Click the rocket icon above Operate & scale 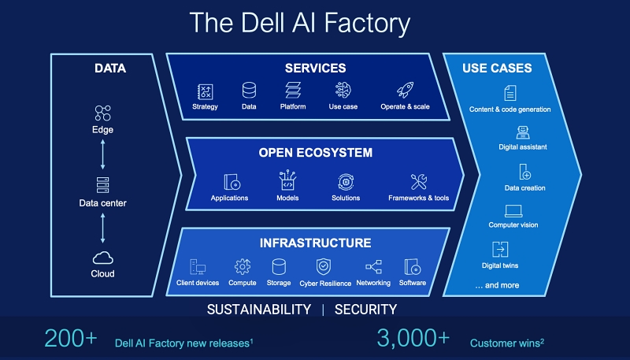pyautogui.click(x=405, y=91)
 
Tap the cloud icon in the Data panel pyautogui.click(x=103, y=258)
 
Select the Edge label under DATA pyautogui.click(x=102, y=130)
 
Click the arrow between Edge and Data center pyautogui.click(x=103, y=154)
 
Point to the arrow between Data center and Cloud pyautogui.click(x=103, y=228)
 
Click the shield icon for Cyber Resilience pyautogui.click(x=324, y=266)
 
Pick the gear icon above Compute pyautogui.click(x=243, y=266)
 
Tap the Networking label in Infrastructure pyautogui.click(x=373, y=283)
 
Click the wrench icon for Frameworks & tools pyautogui.click(x=418, y=182)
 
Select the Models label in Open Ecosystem pyautogui.click(x=287, y=198)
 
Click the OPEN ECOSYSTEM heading pyautogui.click(x=316, y=153)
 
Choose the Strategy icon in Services pyautogui.click(x=205, y=91)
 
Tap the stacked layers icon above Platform pyautogui.click(x=293, y=91)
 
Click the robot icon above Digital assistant pyautogui.click(x=523, y=132)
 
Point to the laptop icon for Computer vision pyautogui.click(x=513, y=211)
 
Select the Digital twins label pyautogui.click(x=500, y=265)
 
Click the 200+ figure pyautogui.click(x=71, y=338)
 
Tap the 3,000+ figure pyautogui.click(x=413, y=338)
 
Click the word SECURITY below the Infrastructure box pyautogui.click(x=365, y=310)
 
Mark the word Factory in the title pyautogui.click(x=367, y=24)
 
